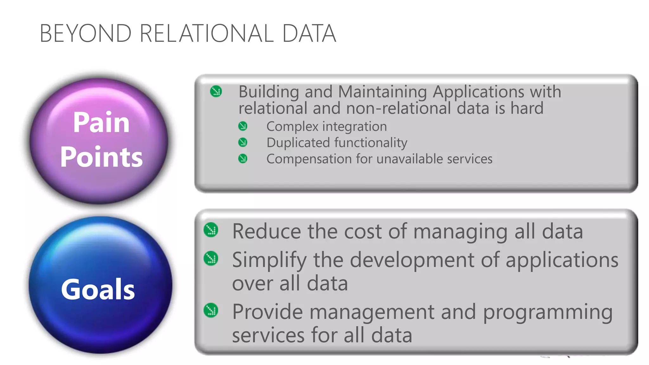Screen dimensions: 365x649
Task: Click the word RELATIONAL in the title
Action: pyautogui.click(x=206, y=33)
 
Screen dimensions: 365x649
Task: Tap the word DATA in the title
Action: pyautogui.click(x=309, y=33)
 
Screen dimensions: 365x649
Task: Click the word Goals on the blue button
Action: pyautogui.click(x=98, y=289)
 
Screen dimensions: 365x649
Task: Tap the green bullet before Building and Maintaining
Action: pyautogui.click(x=216, y=92)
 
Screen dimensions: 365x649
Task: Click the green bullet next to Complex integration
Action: pyautogui.click(x=243, y=126)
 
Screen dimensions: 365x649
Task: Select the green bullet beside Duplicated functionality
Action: pyautogui.click(x=243, y=142)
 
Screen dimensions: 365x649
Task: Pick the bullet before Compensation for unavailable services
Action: pyautogui.click(x=243, y=158)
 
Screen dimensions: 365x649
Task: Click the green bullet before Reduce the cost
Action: pyautogui.click(x=211, y=230)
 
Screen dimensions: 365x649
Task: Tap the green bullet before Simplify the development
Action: pyautogui.click(x=211, y=259)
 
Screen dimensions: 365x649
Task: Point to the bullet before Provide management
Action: pyautogui.click(x=211, y=311)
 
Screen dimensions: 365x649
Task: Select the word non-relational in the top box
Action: pyautogui.click(x=398, y=108)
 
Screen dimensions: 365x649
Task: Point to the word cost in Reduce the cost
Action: pyautogui.click(x=363, y=231)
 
